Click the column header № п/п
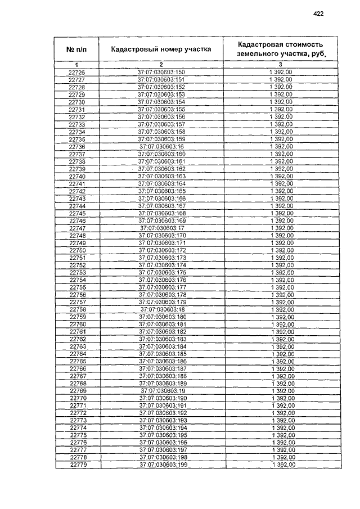pos(76,50)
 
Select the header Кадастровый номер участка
pos(161,49)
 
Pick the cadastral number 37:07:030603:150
pos(161,73)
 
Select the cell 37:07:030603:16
pos(161,147)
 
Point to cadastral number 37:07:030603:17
pos(161,228)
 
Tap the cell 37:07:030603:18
pos(161,309)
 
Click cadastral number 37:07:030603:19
pos(161,391)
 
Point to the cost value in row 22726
pos(281,73)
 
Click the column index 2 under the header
pos(161,66)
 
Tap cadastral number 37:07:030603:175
pos(161,272)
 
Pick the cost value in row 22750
pos(281,250)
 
